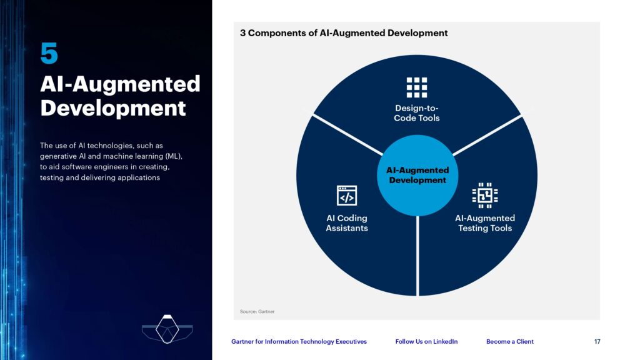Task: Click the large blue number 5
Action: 49,53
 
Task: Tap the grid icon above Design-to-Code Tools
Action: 417,87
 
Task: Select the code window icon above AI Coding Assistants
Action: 347,196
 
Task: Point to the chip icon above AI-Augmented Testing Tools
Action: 485,195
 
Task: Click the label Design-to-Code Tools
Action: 417,113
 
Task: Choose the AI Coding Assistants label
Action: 347,223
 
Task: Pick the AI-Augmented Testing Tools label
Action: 485,223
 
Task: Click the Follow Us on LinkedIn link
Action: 426,342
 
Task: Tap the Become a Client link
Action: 510,342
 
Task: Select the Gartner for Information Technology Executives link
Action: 299,342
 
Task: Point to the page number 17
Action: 597,342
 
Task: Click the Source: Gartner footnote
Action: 257,311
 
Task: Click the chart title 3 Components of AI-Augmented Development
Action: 344,33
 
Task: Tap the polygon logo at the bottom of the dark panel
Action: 167,329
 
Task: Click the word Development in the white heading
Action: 113,107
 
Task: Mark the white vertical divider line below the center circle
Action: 417,256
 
